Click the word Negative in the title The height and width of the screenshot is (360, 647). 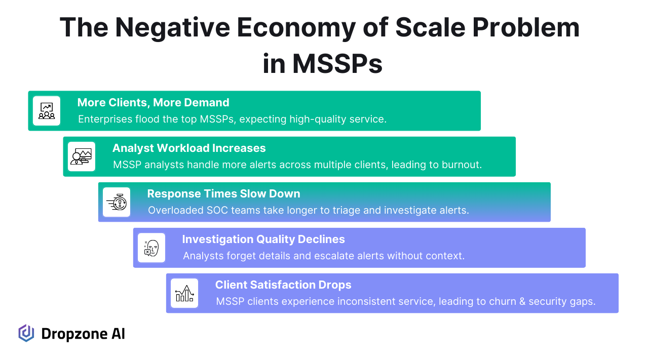[172, 28]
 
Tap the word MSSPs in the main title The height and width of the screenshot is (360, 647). [337, 63]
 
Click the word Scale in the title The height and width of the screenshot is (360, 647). [430, 27]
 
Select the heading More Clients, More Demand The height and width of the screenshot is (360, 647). [153, 102]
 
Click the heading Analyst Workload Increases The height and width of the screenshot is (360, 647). [189, 148]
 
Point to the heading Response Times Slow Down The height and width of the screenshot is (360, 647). [223, 194]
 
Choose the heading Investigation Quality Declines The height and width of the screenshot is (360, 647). [263, 239]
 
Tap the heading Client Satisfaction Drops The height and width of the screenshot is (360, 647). [283, 285]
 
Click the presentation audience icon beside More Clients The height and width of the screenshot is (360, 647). [47, 111]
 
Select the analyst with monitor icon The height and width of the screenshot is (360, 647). [81, 156]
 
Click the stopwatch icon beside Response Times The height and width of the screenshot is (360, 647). [117, 202]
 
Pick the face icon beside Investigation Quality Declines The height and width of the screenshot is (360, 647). [151, 248]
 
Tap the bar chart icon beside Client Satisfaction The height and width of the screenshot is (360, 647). [184, 293]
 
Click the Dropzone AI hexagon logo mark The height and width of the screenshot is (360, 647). [26, 333]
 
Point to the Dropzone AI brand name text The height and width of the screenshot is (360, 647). [83, 334]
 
